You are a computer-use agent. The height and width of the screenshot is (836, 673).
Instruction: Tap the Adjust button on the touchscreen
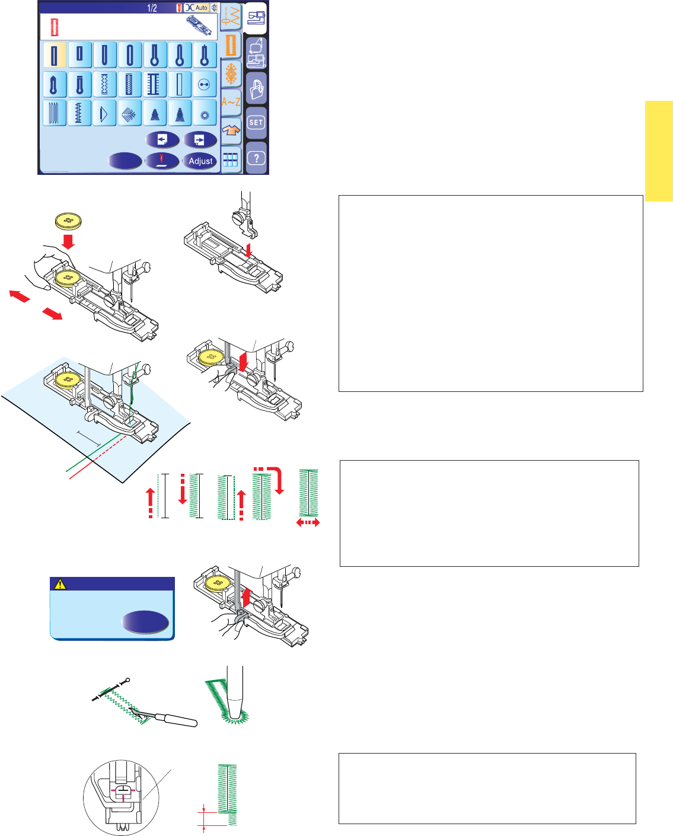coord(200,161)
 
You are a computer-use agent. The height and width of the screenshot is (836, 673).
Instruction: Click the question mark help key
coord(256,158)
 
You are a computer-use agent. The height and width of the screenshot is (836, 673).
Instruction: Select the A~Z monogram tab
coord(231,101)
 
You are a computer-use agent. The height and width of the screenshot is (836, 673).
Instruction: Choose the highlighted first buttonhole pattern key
coord(55,55)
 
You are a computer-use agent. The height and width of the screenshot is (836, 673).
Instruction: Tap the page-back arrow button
coord(163,140)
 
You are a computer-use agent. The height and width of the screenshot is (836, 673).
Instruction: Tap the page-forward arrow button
coord(200,140)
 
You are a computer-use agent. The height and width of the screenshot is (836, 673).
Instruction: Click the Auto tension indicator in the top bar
coord(197,8)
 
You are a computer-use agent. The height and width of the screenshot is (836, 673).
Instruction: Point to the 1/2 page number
coord(152,8)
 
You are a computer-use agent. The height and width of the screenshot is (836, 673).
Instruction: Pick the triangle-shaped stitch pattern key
coord(104,113)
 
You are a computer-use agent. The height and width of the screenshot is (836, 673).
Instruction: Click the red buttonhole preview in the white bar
coord(55,27)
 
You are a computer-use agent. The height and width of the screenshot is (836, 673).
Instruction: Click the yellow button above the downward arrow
coord(69,221)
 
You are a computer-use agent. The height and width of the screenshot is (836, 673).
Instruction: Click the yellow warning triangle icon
coord(60,584)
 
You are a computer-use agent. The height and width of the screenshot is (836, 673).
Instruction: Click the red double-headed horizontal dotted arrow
coord(308,522)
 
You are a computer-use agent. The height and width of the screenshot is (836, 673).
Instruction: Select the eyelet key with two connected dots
coord(205,85)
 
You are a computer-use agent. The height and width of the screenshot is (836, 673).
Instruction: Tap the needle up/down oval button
coord(162,161)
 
